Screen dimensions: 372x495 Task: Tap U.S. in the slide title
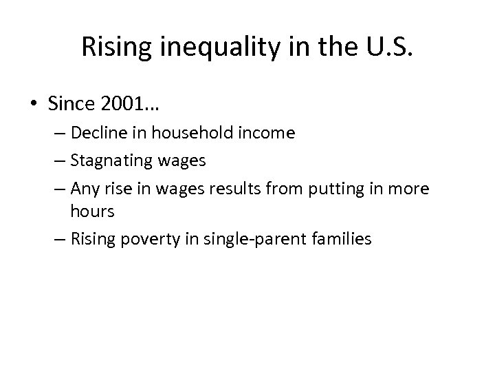tap(383, 47)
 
